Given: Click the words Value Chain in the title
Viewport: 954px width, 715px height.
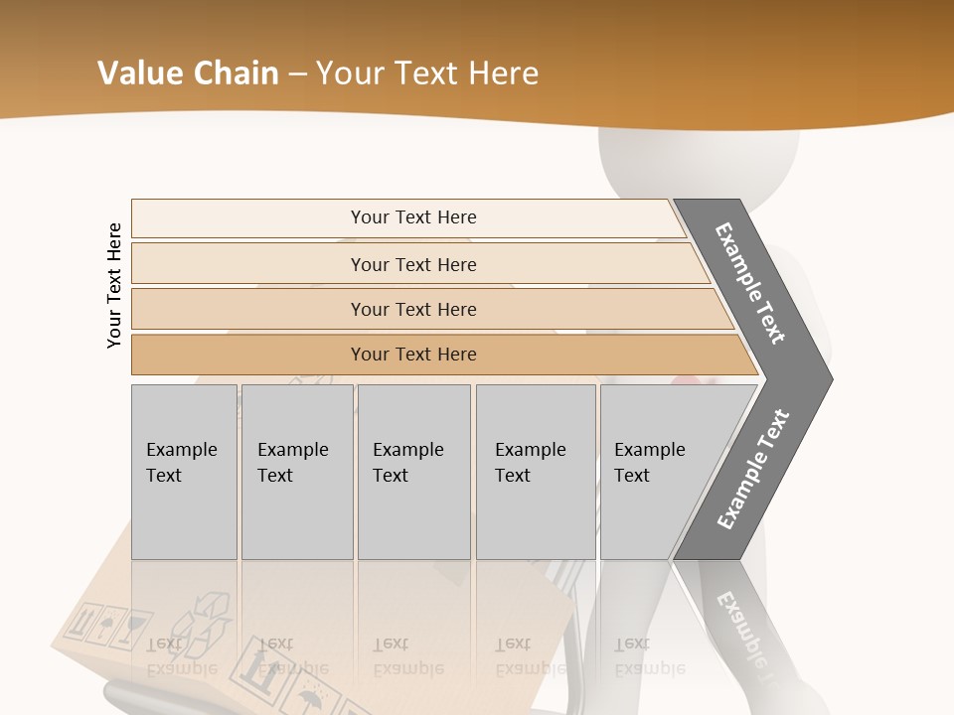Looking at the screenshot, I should click(x=188, y=73).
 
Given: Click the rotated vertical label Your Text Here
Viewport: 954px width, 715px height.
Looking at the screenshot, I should click(x=114, y=285).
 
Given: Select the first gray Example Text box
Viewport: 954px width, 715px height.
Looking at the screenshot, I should click(x=184, y=472).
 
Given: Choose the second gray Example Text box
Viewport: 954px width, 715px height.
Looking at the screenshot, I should click(x=297, y=472).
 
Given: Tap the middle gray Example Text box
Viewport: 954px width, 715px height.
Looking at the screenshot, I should click(x=413, y=472).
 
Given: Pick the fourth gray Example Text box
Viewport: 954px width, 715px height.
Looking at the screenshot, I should click(x=536, y=472).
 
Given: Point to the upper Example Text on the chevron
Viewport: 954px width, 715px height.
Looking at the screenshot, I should click(x=750, y=283).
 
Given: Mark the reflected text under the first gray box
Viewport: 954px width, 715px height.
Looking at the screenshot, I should click(x=181, y=655).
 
